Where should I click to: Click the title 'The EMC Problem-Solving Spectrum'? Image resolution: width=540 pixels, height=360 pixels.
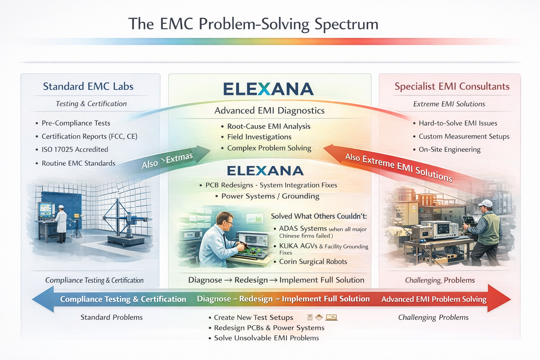pos(253,24)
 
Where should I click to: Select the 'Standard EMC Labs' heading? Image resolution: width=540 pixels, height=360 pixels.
pos(88,86)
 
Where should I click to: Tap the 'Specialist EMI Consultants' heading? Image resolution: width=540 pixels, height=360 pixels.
pos(452,86)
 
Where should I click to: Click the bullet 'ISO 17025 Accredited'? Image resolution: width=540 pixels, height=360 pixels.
pos(75,149)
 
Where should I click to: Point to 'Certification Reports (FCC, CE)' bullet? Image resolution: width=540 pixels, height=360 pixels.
pos(89,136)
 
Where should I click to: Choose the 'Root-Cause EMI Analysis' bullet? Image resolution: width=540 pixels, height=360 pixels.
pos(269,126)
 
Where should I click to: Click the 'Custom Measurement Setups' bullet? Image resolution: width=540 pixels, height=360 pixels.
pos(464,136)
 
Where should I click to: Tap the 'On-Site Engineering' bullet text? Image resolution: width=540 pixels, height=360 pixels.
pos(449,149)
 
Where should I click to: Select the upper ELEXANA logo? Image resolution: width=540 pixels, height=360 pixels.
pos(268,89)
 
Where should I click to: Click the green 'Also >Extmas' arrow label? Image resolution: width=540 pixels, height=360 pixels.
pos(167,160)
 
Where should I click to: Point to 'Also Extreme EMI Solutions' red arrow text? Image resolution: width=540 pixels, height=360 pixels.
pos(398,167)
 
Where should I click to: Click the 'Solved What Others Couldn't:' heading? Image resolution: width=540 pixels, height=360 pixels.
pos(319,216)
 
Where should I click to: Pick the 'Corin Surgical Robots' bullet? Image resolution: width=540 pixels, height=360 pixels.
pos(313,262)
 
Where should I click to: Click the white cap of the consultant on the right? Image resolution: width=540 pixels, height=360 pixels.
pos(486,203)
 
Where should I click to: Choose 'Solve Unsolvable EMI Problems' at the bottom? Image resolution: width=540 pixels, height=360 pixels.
pos(266,338)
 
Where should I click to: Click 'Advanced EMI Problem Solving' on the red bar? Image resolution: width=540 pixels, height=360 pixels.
pos(434,299)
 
